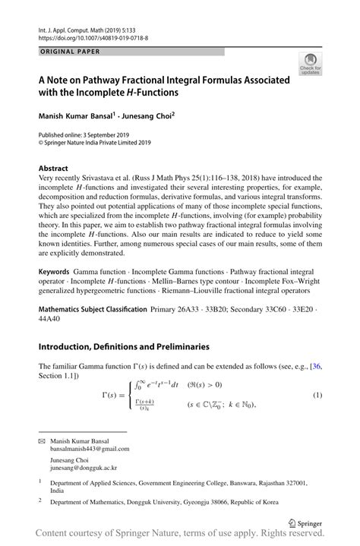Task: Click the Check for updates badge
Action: pos(310,64)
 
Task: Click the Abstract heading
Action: pos(55,167)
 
